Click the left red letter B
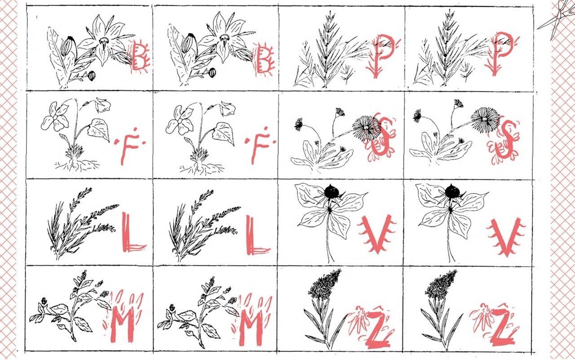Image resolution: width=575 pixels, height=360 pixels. [x=139, y=57]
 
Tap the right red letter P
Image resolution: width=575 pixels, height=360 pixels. [x=499, y=53]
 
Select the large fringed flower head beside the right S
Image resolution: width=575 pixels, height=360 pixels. [x=484, y=119]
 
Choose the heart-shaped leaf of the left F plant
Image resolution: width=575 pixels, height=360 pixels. [x=98, y=130]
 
